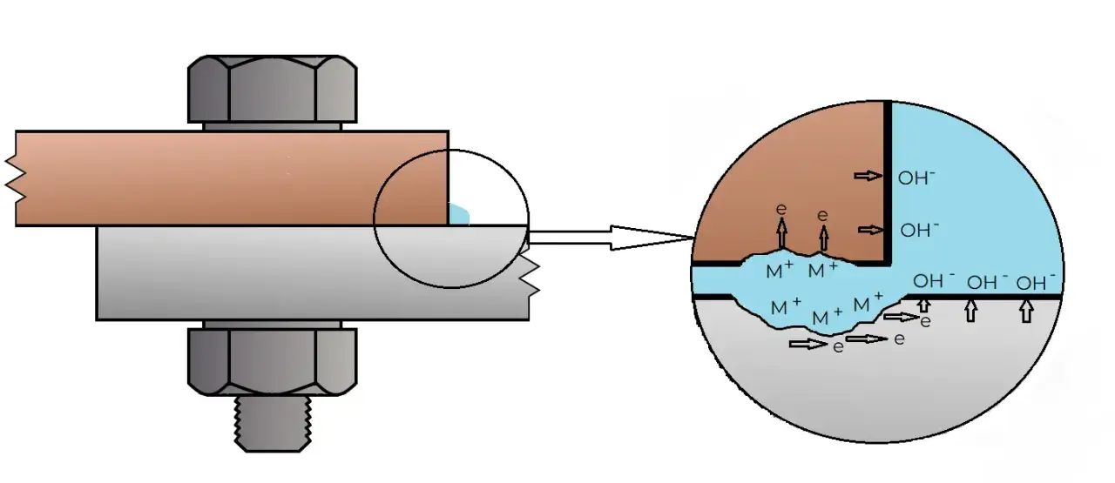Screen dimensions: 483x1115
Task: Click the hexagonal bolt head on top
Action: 272,90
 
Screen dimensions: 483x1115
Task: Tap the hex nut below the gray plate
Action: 272,359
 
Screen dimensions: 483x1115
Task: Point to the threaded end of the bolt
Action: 272,426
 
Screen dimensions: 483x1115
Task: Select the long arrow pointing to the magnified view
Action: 610,238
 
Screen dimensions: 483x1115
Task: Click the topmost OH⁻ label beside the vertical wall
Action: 917,178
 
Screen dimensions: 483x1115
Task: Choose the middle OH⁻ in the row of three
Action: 986,283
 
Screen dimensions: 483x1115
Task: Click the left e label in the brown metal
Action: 781,210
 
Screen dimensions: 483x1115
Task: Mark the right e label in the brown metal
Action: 822,214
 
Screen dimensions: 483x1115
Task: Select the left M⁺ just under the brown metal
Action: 779,272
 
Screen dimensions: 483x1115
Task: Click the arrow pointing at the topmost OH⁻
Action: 868,177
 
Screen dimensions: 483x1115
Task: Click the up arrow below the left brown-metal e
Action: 781,232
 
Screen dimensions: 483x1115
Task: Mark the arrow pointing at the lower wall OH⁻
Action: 871,230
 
